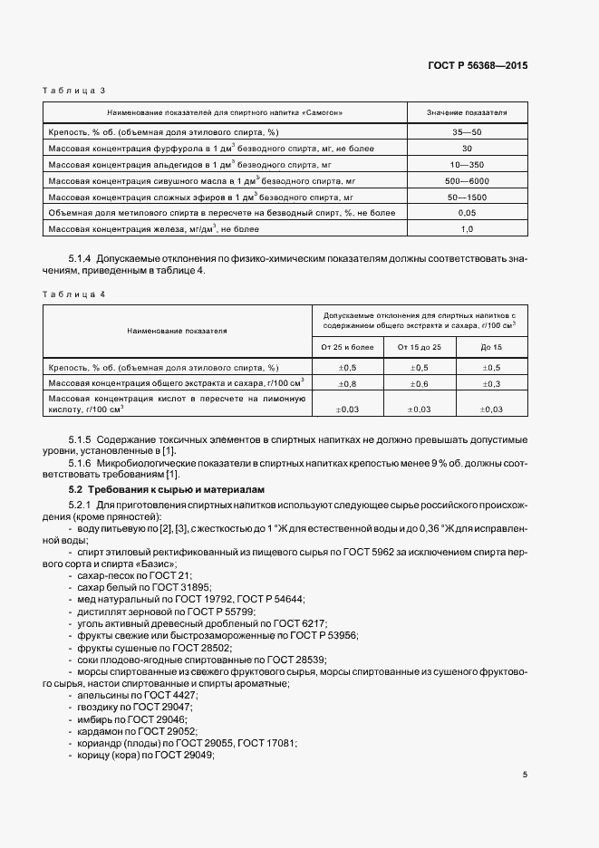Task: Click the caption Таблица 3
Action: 76,91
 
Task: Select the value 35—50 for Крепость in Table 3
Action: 467,132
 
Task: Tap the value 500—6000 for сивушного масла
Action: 467,180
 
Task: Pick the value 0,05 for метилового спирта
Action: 467,212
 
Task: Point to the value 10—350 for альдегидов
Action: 467,164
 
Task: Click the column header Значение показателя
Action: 467,112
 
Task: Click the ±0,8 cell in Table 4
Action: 347,383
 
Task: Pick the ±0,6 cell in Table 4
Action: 420,383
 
